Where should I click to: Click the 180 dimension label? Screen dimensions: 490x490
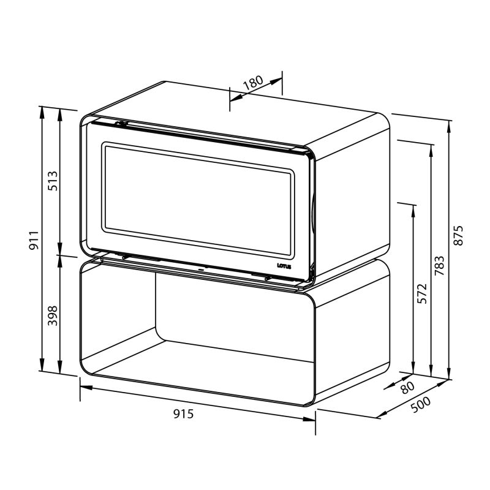click(x=253, y=83)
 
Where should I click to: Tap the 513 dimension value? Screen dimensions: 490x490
click(x=53, y=181)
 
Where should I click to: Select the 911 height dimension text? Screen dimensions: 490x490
click(x=34, y=240)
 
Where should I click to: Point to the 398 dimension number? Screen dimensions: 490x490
click(x=53, y=315)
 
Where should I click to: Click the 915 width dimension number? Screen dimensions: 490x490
click(x=183, y=414)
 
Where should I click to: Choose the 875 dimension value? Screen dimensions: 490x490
click(x=458, y=235)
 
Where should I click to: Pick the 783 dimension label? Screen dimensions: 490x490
click(x=439, y=266)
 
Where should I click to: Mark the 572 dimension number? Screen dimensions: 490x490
click(x=422, y=293)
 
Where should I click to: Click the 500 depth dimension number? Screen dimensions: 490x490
click(x=421, y=405)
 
